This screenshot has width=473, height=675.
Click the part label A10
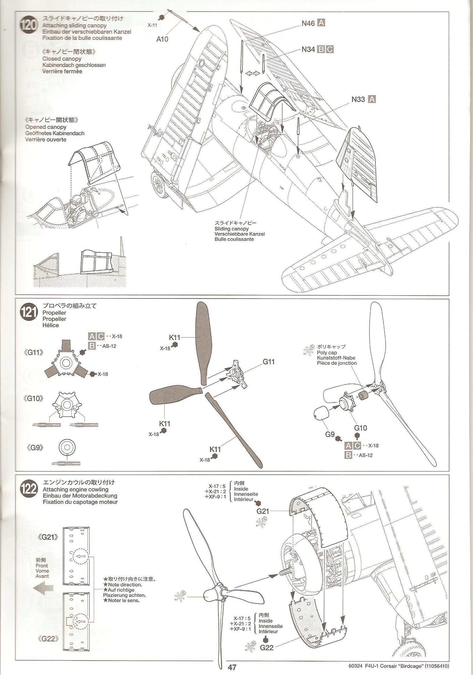(162, 39)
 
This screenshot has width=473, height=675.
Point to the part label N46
(308, 23)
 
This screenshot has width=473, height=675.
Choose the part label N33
(358, 99)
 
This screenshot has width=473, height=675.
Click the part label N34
(308, 49)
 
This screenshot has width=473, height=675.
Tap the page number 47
(232, 667)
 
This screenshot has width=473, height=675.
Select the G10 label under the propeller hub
(360, 428)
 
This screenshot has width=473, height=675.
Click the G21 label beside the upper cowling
(263, 511)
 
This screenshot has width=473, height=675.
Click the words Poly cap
(327, 353)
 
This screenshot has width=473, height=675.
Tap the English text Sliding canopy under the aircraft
(231, 229)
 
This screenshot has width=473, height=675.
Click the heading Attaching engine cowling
(76, 489)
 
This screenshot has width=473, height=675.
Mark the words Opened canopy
(46, 127)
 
